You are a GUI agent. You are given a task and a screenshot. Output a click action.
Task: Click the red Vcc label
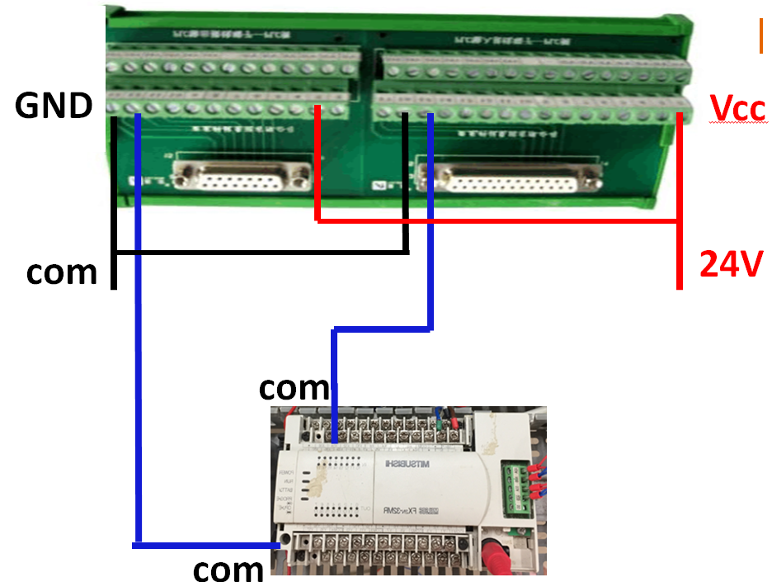coord(738,109)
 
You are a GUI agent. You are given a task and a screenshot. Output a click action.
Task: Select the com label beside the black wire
coord(61,272)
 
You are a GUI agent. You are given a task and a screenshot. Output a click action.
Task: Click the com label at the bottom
coord(228,569)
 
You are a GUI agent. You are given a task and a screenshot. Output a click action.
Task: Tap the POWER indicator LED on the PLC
coord(313,476)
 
